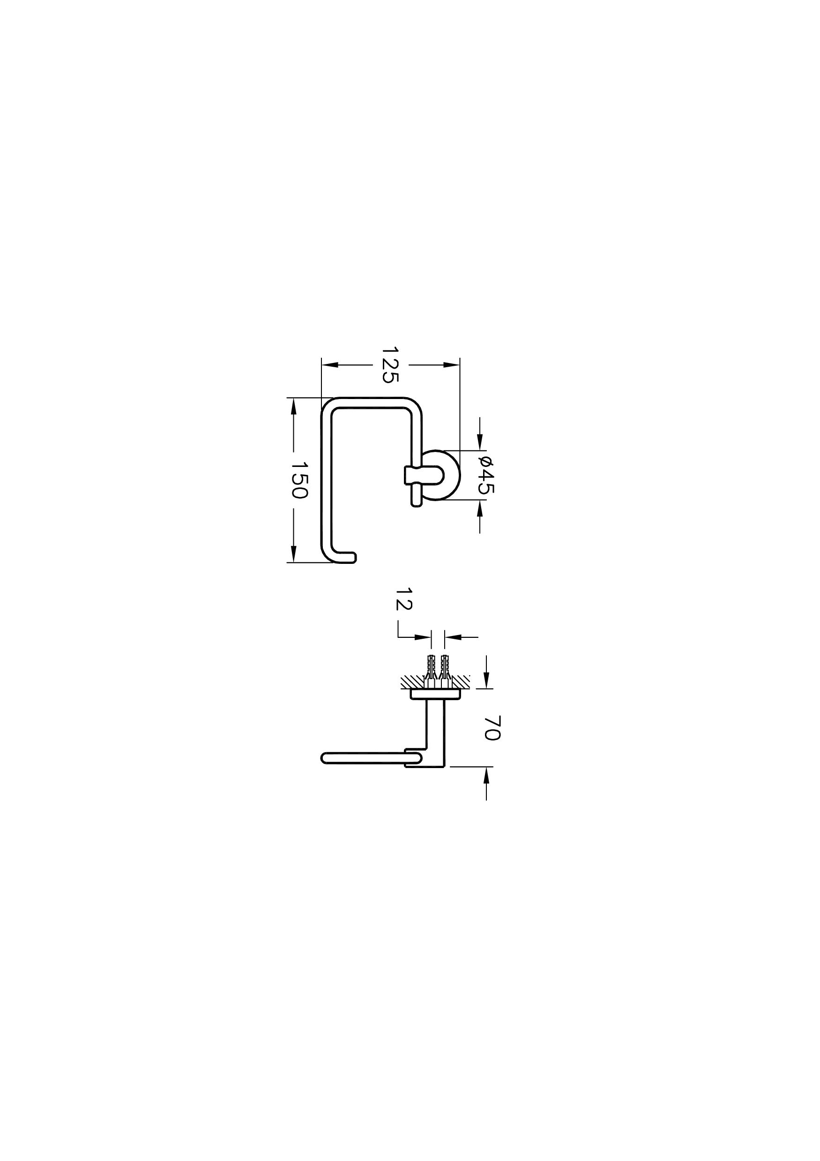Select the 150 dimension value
click(x=299, y=480)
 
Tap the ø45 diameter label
click(x=486, y=474)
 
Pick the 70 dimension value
click(x=492, y=728)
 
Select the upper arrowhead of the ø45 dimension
click(x=480, y=443)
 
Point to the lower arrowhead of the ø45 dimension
click(x=480, y=508)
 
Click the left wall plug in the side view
click(x=431, y=670)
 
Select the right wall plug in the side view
click(x=445, y=670)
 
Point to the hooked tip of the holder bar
click(x=349, y=558)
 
